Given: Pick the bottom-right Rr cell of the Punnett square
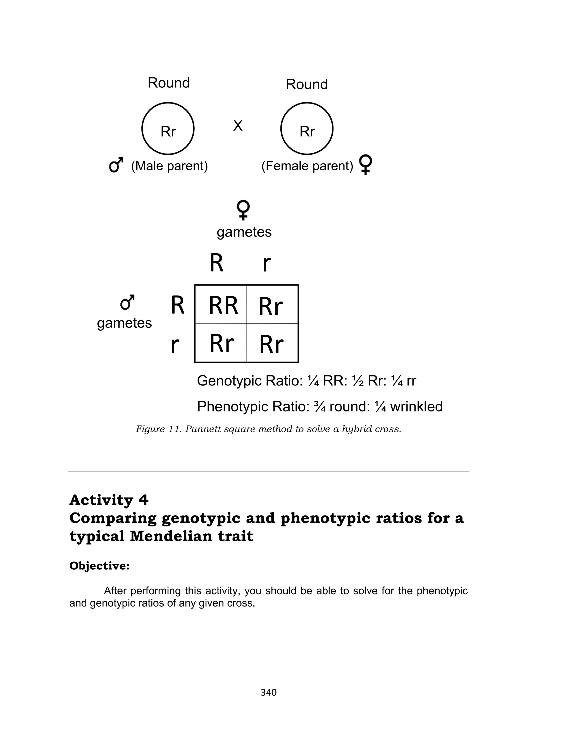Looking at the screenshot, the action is pyautogui.click(x=271, y=344).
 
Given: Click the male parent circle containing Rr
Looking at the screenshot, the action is pyautogui.click(x=168, y=129).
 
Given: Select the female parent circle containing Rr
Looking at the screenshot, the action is pyautogui.click(x=307, y=129).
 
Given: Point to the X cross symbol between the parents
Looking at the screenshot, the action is pyautogui.click(x=238, y=126).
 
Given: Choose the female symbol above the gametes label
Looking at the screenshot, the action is pyautogui.click(x=244, y=210).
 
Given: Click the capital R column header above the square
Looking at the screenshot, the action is pyautogui.click(x=216, y=263).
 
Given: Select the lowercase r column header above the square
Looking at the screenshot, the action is pyautogui.click(x=267, y=264).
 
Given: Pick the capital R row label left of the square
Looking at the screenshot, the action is pyautogui.click(x=177, y=305).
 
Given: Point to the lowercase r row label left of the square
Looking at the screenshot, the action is pyautogui.click(x=175, y=345).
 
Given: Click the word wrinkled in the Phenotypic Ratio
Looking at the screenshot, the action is pyautogui.click(x=416, y=406).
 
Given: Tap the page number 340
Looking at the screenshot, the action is pyautogui.click(x=268, y=692).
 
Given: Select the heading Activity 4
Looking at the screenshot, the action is pyautogui.click(x=109, y=500).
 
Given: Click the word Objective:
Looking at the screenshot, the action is pyautogui.click(x=99, y=566).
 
